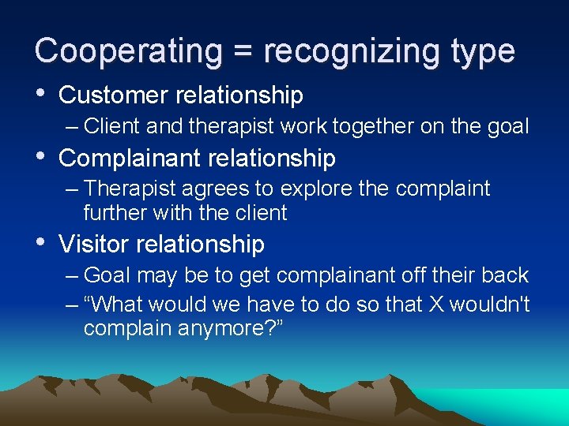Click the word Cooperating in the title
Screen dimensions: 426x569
(127, 50)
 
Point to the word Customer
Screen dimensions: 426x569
(114, 95)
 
